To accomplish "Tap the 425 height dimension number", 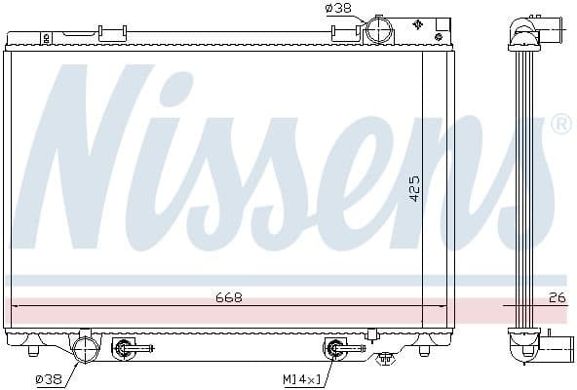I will pyautogui.click(x=413, y=187).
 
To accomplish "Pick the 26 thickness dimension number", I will pyautogui.click(x=556, y=296).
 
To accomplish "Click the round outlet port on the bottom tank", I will pyautogui.click(x=87, y=348).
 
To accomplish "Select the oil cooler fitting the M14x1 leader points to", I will pyautogui.click(x=335, y=347).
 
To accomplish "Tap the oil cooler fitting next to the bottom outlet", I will pyautogui.click(x=126, y=347).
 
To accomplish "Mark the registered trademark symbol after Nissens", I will pyautogui.click(x=560, y=124).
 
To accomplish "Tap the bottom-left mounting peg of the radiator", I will pyautogui.click(x=35, y=349).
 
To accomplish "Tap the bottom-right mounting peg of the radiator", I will pyautogui.click(x=424, y=349).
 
